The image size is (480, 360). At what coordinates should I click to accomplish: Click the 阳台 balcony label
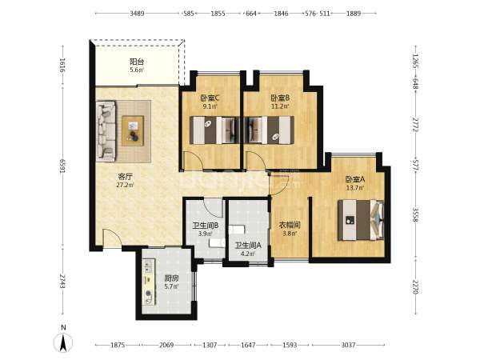137,62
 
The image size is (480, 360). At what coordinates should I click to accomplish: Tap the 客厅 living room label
126,177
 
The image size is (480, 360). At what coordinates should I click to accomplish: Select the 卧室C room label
210,98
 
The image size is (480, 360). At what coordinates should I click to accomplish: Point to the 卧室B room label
280,98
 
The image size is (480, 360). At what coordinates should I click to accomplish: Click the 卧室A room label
354,179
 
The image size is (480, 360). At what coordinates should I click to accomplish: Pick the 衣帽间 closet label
290,226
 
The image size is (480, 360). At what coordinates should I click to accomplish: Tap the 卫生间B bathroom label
205,226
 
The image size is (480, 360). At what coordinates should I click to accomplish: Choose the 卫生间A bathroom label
248,246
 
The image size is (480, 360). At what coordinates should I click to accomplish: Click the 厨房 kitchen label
171,278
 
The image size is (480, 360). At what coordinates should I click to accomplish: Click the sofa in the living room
106,131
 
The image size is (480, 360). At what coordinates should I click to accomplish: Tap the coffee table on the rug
133,130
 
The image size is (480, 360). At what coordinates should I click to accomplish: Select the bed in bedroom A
361,220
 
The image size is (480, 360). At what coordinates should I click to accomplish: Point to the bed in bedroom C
214,130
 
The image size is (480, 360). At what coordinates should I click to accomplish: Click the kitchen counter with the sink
149,282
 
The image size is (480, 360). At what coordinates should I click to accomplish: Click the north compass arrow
63,342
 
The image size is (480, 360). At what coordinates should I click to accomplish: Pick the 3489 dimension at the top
137,14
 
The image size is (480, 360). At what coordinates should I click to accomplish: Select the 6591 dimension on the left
62,166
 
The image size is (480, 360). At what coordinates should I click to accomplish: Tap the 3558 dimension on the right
415,215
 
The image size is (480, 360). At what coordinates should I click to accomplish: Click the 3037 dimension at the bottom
348,345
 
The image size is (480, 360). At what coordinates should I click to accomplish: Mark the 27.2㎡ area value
126,185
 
